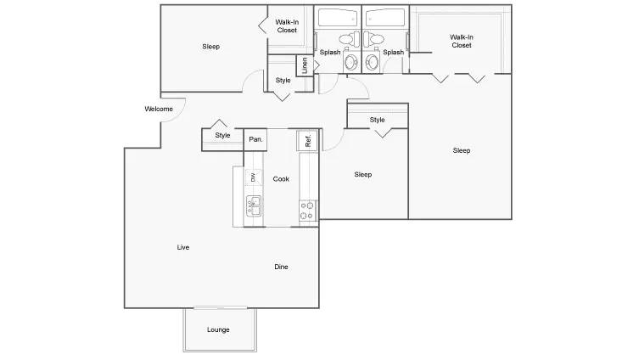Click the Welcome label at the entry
point(159,109)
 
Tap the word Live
point(182,247)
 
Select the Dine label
point(281,267)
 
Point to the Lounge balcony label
point(218,329)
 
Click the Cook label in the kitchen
point(281,179)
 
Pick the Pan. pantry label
point(255,139)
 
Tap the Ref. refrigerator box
point(308,140)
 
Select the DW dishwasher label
point(252,177)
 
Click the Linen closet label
point(304,65)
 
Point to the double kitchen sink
point(253,203)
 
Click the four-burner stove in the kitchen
point(308,209)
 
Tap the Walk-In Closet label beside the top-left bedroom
point(287,26)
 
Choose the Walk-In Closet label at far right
point(461,41)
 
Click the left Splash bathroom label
point(329,53)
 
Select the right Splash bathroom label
point(393,53)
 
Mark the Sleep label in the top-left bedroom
point(211,47)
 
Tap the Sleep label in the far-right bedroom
point(461,150)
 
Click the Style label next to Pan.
point(222,135)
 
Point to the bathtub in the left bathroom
point(338,18)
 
